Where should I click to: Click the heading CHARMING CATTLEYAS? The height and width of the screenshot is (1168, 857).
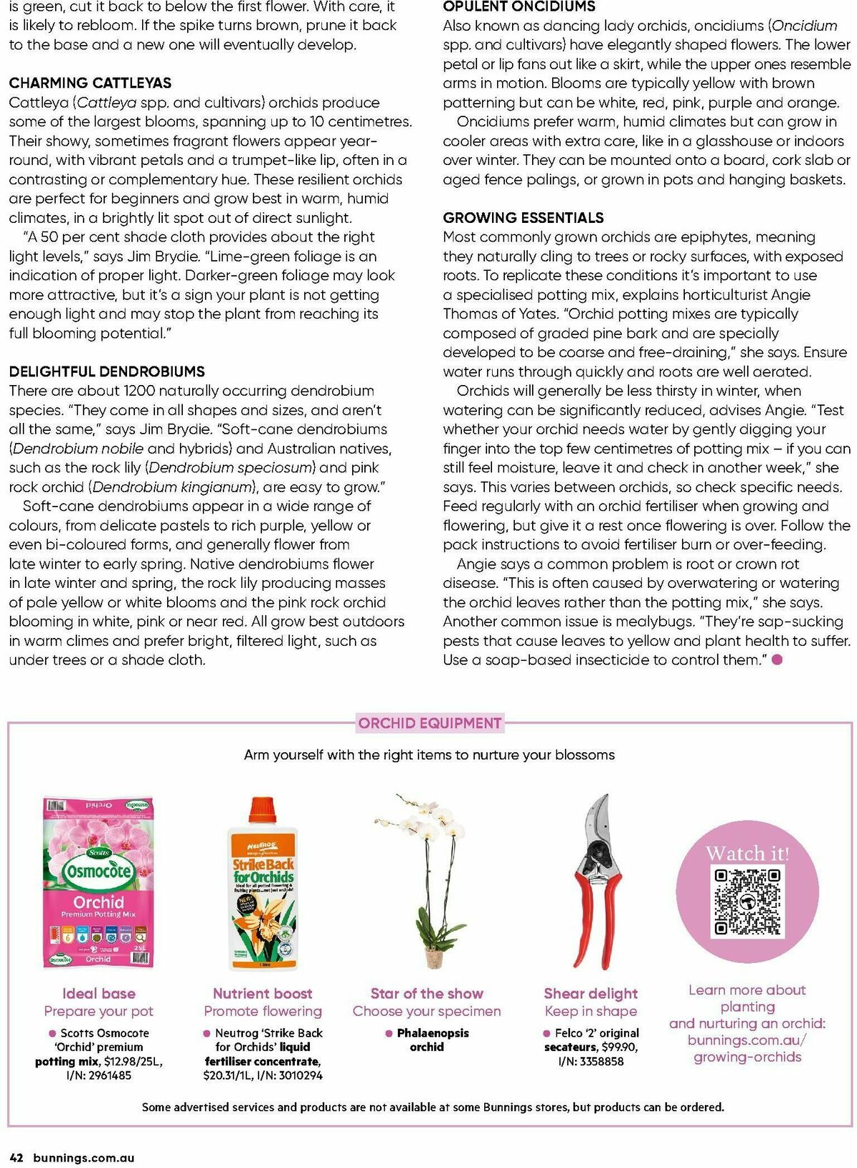pos(90,83)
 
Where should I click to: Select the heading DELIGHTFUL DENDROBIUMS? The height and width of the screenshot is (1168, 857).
pos(106,371)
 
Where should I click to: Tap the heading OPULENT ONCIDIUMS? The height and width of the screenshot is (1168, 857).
pos(518,6)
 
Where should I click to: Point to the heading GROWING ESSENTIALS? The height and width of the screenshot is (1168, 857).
pos(523,218)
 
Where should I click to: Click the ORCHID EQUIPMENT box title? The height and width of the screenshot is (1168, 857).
pos(429,723)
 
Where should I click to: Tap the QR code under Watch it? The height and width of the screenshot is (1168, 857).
pos(747,902)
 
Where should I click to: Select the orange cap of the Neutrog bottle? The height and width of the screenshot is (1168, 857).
pos(262,810)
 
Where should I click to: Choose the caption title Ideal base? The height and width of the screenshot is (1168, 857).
pos(99,993)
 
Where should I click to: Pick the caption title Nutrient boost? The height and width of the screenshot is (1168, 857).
pos(262,993)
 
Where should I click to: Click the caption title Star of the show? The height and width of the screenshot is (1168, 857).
pos(426,993)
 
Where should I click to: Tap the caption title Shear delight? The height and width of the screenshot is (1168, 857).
pos(591,993)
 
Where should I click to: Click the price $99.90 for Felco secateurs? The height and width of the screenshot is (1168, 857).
pos(618,1047)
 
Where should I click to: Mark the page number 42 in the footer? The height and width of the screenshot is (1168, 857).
pos(17,1158)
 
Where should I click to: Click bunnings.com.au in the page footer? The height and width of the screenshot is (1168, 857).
pos(84,1158)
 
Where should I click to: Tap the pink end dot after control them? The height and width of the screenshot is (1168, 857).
pos(777,659)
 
